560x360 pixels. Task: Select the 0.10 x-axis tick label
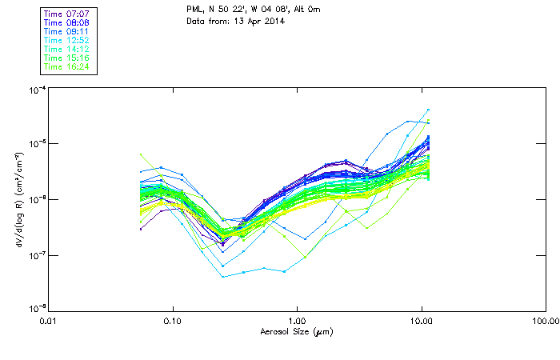coord(173,321)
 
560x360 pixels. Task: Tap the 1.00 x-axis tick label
coord(297,321)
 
